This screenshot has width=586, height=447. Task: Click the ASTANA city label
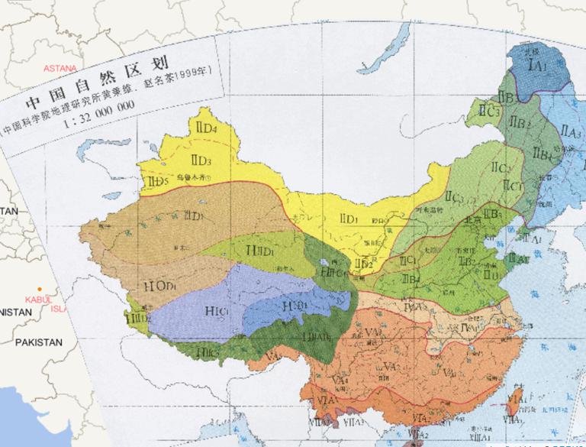pos(60,68)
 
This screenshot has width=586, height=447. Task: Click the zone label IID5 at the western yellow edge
pos(156,181)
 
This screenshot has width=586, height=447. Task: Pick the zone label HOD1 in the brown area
pos(159,286)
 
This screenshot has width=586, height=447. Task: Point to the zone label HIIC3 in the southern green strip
pos(208,352)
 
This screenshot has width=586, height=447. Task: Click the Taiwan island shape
pos(514,398)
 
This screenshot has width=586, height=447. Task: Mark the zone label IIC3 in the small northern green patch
pos(489,111)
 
